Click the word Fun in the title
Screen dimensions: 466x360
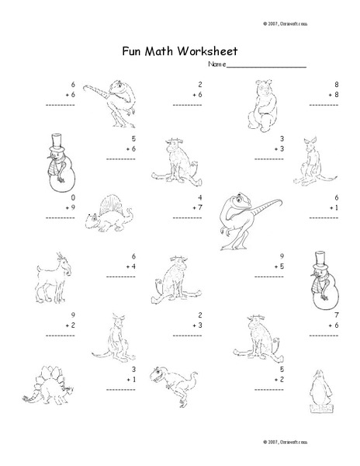132,52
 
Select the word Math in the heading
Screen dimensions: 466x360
161,52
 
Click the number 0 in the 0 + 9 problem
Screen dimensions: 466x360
73,198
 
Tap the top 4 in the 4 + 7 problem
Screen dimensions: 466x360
199,198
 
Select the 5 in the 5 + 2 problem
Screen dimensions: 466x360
282,369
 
